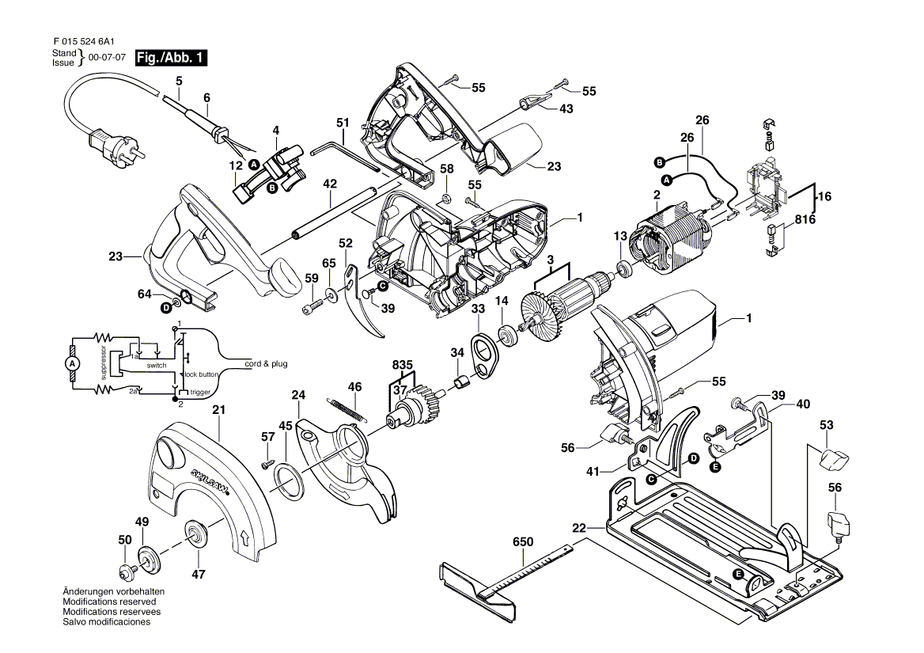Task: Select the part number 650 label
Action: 523,542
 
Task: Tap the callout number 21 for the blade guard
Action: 219,410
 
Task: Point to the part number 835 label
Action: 403,365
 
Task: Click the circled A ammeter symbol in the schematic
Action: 72,363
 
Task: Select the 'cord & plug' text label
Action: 266,364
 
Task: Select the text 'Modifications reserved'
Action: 101,602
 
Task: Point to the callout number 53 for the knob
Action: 826,426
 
